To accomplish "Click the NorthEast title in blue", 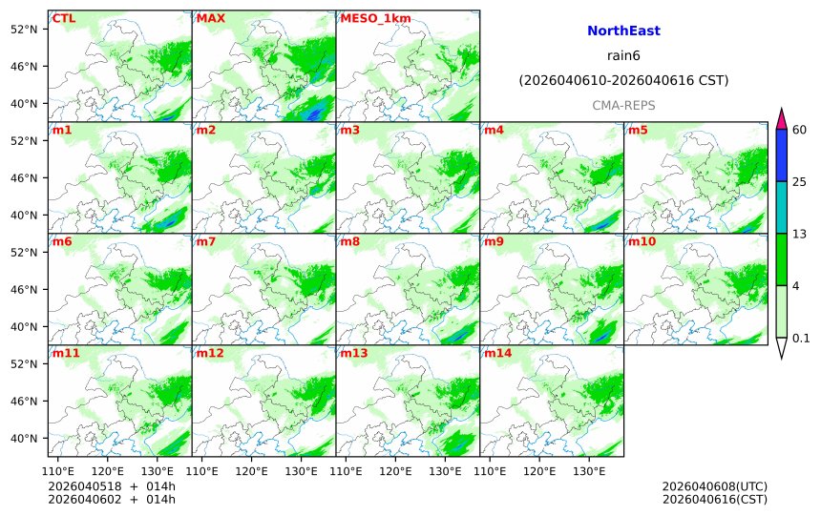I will coord(623,31).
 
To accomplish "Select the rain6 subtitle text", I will coord(623,56).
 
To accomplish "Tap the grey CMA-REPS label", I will coord(623,105).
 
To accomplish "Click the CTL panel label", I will coord(64,18).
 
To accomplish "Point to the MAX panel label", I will coord(210,18).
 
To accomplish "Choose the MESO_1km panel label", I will coord(368,18).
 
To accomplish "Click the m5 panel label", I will coord(638,130).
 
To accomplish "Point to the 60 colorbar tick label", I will coord(800,130).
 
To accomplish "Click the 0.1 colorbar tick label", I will coord(801,338).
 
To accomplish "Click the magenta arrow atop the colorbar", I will coord(781,119).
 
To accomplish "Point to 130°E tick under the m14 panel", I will coord(588,471).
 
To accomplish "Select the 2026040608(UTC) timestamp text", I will coord(714,486).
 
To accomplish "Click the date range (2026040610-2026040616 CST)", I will coord(623,81).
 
